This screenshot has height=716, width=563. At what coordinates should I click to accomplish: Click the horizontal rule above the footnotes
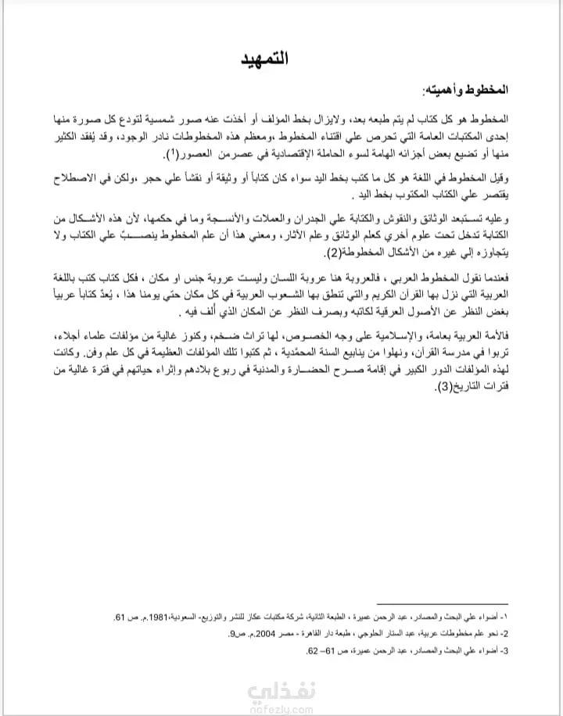(443, 603)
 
